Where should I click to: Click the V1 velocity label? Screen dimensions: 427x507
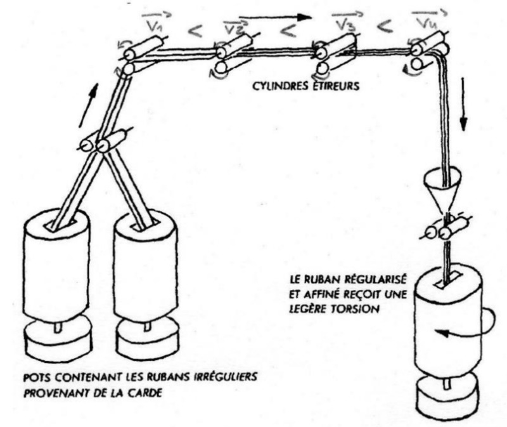144,26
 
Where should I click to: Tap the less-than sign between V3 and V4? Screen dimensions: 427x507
384,27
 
